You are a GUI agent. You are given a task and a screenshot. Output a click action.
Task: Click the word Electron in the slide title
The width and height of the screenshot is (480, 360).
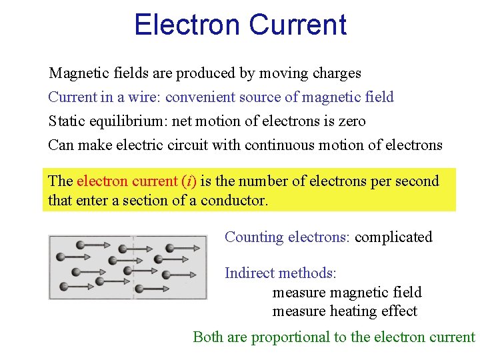(x=186, y=25)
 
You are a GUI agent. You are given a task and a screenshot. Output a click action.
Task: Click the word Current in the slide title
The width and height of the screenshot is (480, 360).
(x=297, y=25)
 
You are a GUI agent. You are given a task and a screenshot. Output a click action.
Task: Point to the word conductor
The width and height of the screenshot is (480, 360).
(x=234, y=200)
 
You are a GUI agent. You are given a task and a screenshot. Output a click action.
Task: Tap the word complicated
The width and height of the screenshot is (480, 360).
(x=393, y=237)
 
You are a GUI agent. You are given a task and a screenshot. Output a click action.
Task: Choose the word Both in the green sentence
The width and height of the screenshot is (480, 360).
(x=208, y=337)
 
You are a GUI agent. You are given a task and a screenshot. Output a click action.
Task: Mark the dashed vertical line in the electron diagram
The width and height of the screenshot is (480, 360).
(x=134, y=267)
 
